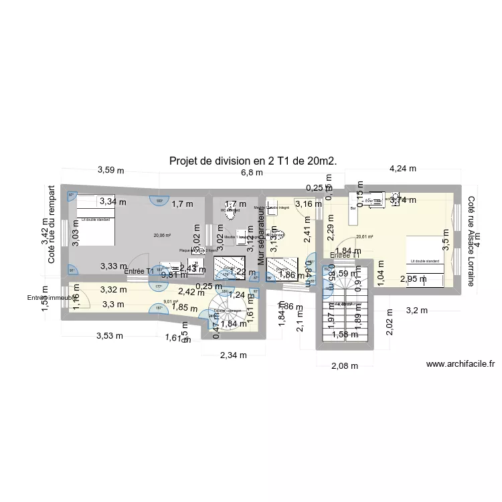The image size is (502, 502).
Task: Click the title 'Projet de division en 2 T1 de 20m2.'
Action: click(253, 161)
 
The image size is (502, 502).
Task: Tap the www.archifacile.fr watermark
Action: click(460, 364)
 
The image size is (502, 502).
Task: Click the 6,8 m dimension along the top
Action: click(252, 173)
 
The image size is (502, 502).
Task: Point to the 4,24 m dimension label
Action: click(402, 170)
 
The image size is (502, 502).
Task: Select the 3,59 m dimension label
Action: click(111, 170)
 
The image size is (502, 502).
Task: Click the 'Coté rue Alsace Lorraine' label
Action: click(471, 242)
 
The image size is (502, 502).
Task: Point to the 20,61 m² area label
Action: click(365, 236)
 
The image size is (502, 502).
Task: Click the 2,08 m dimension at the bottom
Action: click(345, 365)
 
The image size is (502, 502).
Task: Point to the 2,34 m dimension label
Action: click(233, 355)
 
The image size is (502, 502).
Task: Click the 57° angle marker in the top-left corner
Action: click(72, 195)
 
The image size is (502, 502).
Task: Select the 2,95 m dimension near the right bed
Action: click(413, 279)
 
